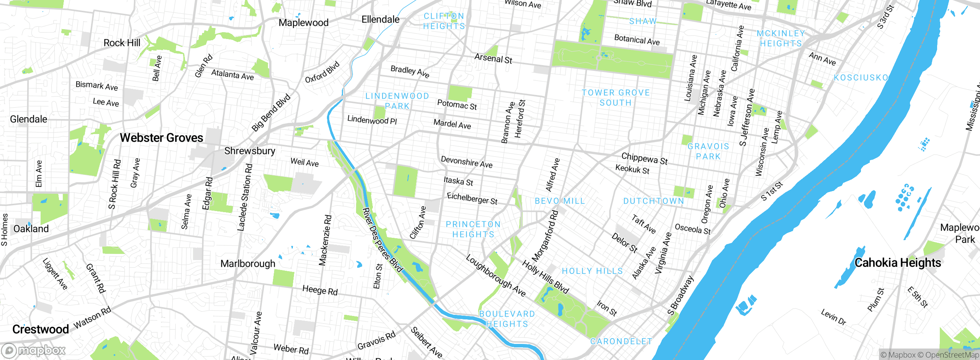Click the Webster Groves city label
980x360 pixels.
point(161,138)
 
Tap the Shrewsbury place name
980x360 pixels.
point(250,151)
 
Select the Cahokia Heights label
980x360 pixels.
point(898,263)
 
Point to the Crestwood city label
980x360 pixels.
point(41,329)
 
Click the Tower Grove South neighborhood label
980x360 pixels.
point(616,98)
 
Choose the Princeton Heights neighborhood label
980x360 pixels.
point(473,229)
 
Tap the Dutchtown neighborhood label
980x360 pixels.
point(653,201)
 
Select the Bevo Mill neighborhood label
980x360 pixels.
point(560,201)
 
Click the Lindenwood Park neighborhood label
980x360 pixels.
point(397,101)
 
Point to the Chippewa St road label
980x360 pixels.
point(644,158)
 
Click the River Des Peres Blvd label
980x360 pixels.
point(382,240)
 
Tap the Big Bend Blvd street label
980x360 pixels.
point(271,113)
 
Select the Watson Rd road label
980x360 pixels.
point(92,317)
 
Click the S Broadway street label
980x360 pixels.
point(680,295)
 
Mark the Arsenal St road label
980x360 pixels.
point(493,59)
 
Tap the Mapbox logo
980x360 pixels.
point(34,350)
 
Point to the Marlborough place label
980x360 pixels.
point(248,264)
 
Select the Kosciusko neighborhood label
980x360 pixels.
point(861,78)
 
